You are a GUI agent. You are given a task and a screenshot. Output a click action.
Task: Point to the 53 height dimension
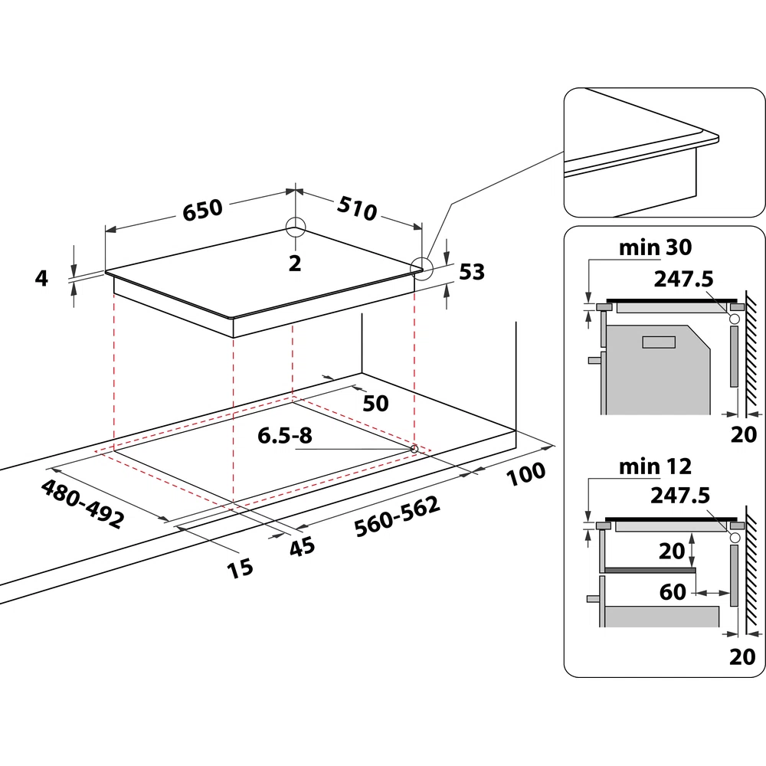471,271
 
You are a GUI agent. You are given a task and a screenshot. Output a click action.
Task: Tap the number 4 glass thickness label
41,278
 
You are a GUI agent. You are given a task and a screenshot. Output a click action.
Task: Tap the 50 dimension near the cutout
375,403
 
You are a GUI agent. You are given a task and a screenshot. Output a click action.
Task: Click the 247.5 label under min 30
683,280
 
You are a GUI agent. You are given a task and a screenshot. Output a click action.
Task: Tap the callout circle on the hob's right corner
421,267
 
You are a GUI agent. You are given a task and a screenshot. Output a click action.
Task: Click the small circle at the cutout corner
414,449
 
